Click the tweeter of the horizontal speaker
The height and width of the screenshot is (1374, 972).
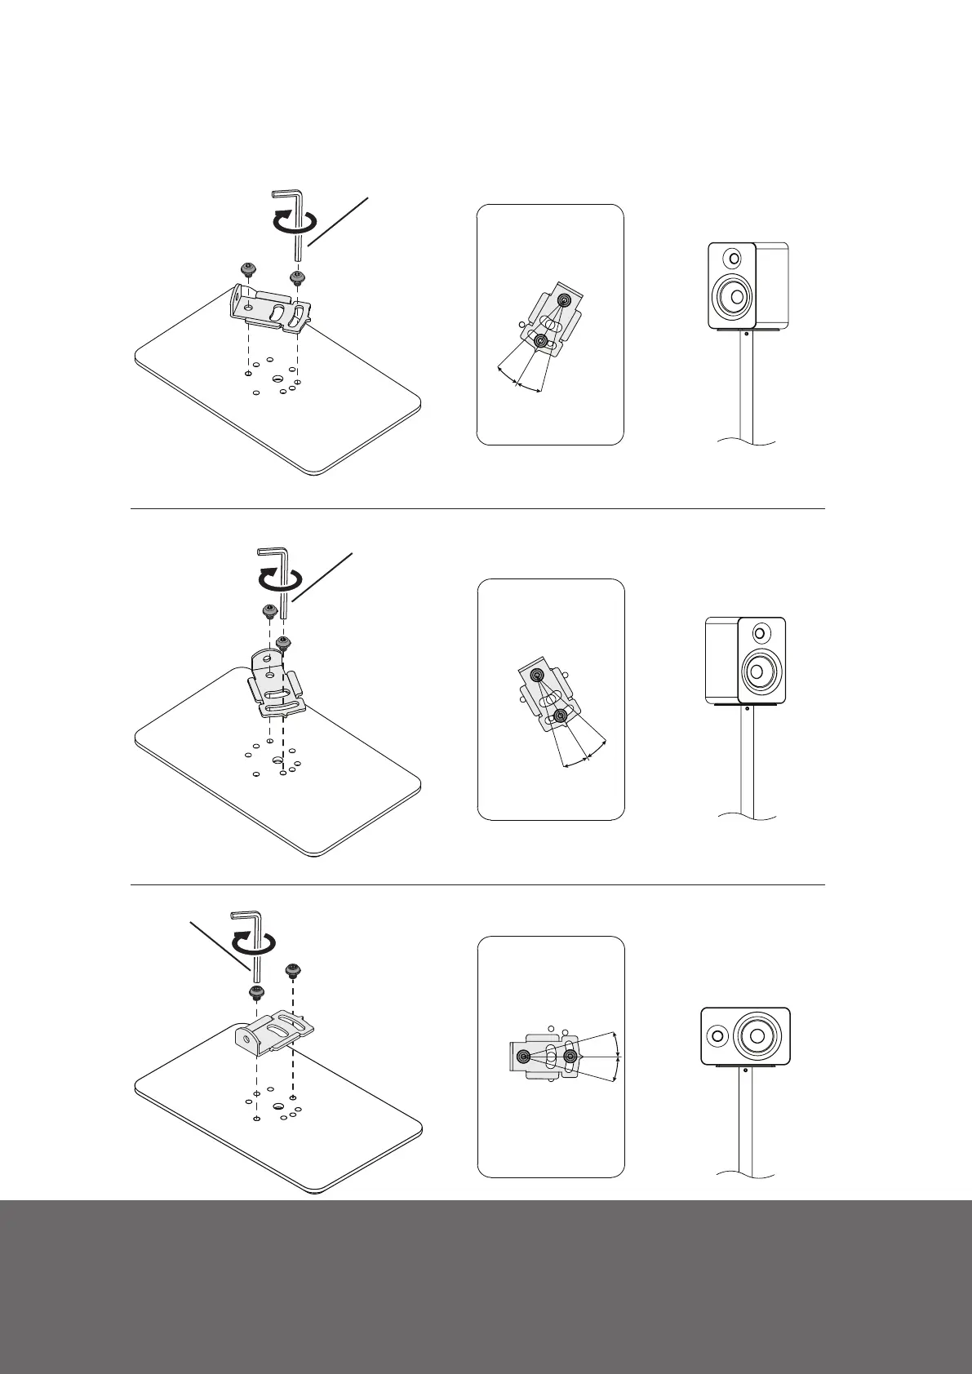click(x=717, y=1036)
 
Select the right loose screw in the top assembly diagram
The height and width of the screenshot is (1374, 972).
click(x=296, y=277)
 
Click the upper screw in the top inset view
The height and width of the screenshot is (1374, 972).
click(x=563, y=301)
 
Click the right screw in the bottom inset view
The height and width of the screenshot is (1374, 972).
click(x=570, y=1057)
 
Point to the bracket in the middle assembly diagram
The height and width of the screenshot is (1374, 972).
click(x=277, y=685)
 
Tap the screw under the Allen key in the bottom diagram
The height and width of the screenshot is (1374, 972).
click(x=256, y=992)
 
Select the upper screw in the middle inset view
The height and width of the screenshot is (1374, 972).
click(x=537, y=675)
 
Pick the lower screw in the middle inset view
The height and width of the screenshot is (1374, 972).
click(x=560, y=716)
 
